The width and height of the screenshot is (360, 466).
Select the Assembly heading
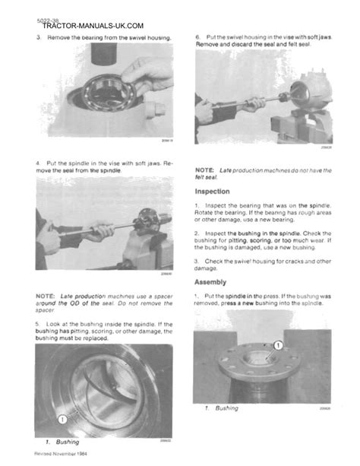click(213, 281)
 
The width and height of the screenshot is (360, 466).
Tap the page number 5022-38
click(46, 17)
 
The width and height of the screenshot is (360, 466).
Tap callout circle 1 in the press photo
click(278, 344)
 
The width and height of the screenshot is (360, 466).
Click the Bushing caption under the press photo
click(226, 408)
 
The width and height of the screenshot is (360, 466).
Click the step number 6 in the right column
click(197, 36)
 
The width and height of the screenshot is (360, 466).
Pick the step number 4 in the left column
click(38, 162)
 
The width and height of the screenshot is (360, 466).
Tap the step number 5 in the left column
click(38, 323)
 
